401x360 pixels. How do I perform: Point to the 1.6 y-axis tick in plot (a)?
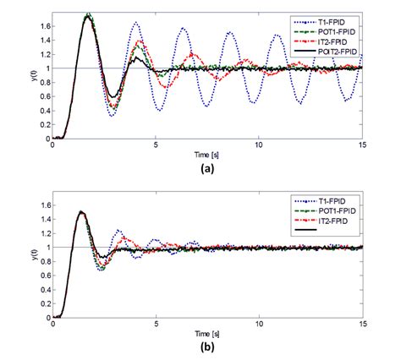tap(41, 26)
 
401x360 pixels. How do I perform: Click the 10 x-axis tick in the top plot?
tap(259, 145)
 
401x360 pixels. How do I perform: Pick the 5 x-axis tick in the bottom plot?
tap(156, 322)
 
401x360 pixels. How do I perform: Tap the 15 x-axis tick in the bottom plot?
tap(361, 322)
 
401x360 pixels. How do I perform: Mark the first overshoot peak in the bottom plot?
tap(81, 212)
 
